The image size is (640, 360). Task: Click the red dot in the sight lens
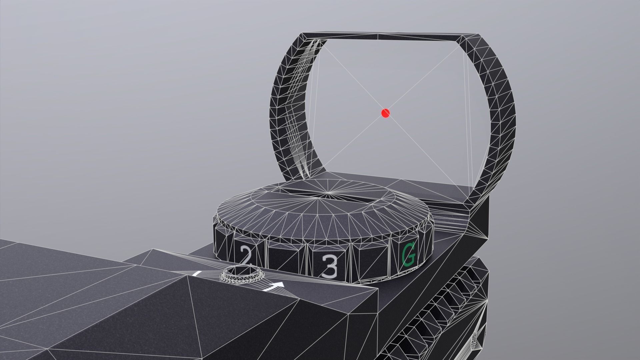385,113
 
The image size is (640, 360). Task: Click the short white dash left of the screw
197,274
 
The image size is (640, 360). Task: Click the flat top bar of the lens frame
383,36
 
